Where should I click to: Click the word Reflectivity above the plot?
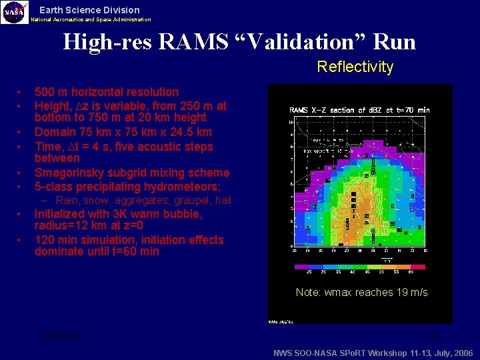point(355,67)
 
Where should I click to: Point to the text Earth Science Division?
point(89,10)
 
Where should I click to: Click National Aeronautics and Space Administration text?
point(91,20)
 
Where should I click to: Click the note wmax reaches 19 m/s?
point(361,292)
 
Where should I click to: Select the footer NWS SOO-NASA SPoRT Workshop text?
point(373,352)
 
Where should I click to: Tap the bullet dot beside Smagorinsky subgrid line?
point(21,173)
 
